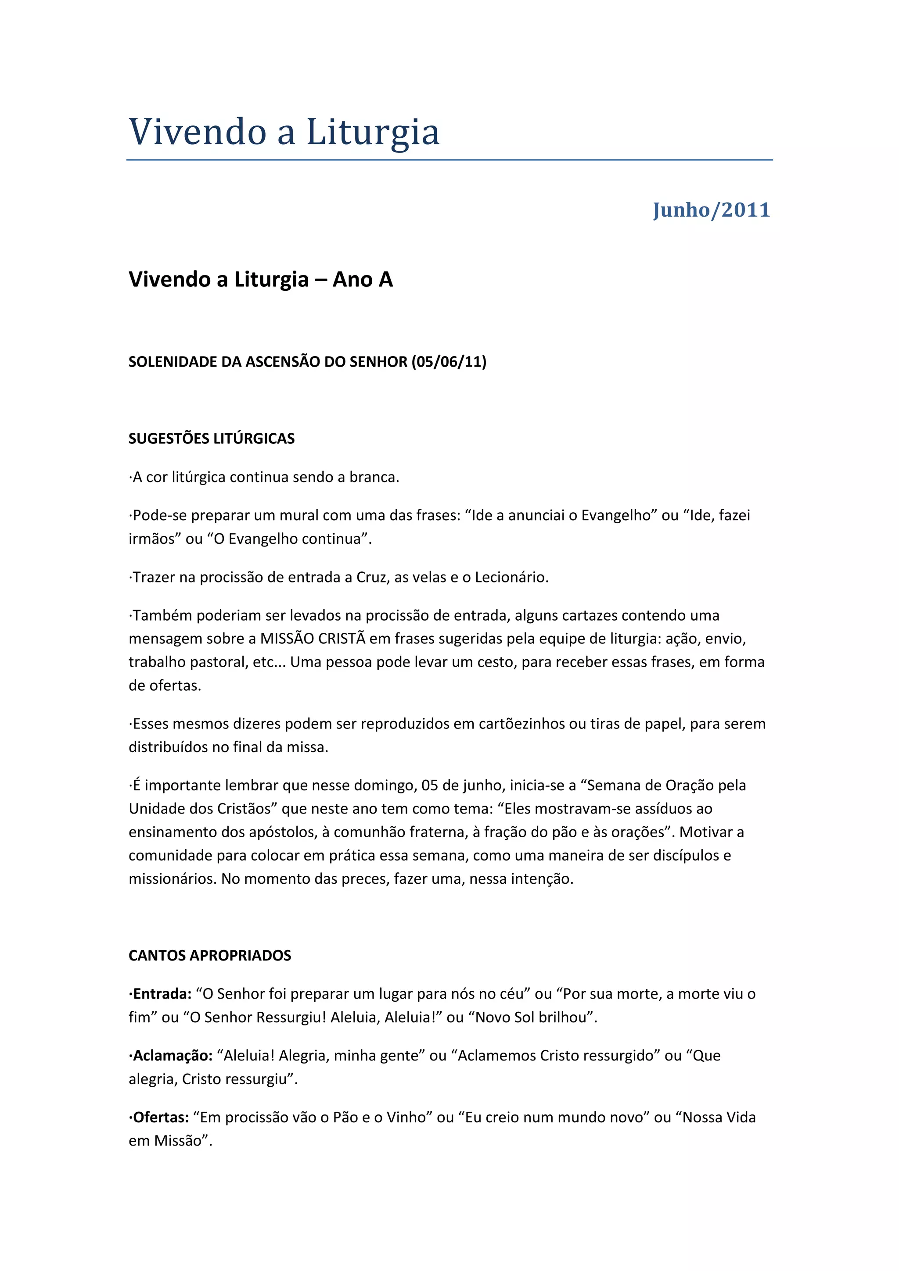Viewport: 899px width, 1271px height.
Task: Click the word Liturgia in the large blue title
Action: point(373,133)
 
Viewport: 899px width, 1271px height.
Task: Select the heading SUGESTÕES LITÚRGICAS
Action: point(212,439)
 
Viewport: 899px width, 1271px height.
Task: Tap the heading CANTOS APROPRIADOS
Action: point(210,956)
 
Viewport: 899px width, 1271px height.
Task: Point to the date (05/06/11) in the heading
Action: point(449,362)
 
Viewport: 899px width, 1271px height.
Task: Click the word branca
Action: point(373,477)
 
